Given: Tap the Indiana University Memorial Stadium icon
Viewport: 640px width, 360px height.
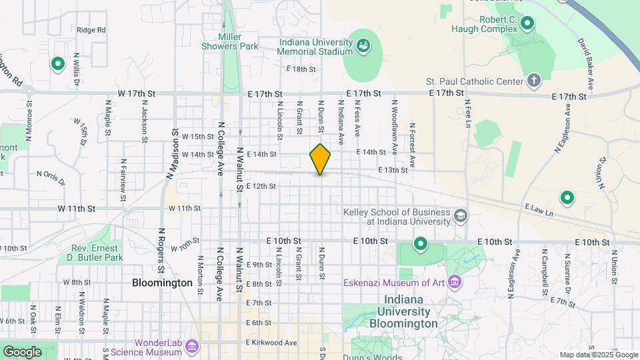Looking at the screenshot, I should [x=363, y=46].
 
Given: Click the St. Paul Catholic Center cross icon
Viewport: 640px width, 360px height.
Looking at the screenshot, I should [x=533, y=81].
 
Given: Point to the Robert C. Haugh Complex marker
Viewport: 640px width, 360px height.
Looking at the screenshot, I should [x=527, y=25].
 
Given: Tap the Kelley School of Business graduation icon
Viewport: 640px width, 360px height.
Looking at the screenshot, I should [x=461, y=216].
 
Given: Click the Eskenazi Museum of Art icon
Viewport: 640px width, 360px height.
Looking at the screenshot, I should [x=455, y=282].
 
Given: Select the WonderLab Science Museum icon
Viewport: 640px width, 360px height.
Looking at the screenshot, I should [x=193, y=347].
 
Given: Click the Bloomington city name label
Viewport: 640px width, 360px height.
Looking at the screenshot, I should [x=162, y=283].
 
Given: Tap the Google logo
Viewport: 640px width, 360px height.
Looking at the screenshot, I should [x=22, y=352].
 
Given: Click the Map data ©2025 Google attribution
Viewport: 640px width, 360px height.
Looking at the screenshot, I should [x=598, y=355].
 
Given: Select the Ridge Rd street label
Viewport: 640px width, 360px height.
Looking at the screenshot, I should [x=91, y=30].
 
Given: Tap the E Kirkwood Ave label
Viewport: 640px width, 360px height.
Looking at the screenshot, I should [x=271, y=343].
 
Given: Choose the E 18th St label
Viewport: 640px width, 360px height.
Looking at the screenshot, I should [x=300, y=69].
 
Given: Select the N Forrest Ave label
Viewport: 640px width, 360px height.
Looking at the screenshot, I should [x=413, y=145].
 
